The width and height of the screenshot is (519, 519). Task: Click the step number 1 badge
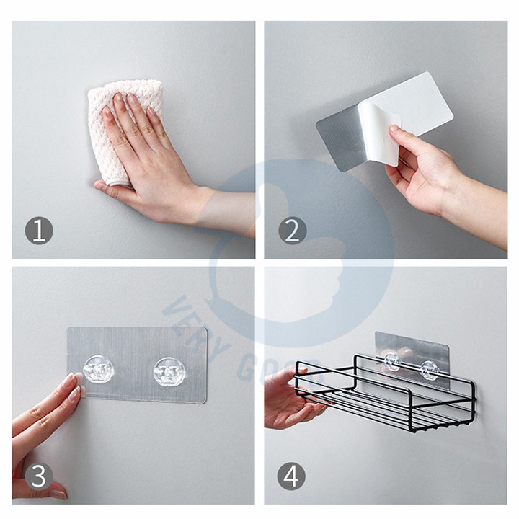click(39, 231)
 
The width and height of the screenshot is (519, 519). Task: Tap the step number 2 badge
click(292, 231)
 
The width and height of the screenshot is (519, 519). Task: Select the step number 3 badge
click(39, 476)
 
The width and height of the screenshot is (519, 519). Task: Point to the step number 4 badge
click(292, 476)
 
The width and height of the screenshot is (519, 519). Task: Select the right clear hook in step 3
click(169, 372)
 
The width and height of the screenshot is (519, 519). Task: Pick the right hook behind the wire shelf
click(430, 369)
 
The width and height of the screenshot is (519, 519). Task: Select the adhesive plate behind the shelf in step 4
click(412, 354)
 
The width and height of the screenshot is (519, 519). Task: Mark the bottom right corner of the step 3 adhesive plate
click(205, 402)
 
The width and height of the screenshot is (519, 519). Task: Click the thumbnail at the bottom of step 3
click(59, 494)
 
